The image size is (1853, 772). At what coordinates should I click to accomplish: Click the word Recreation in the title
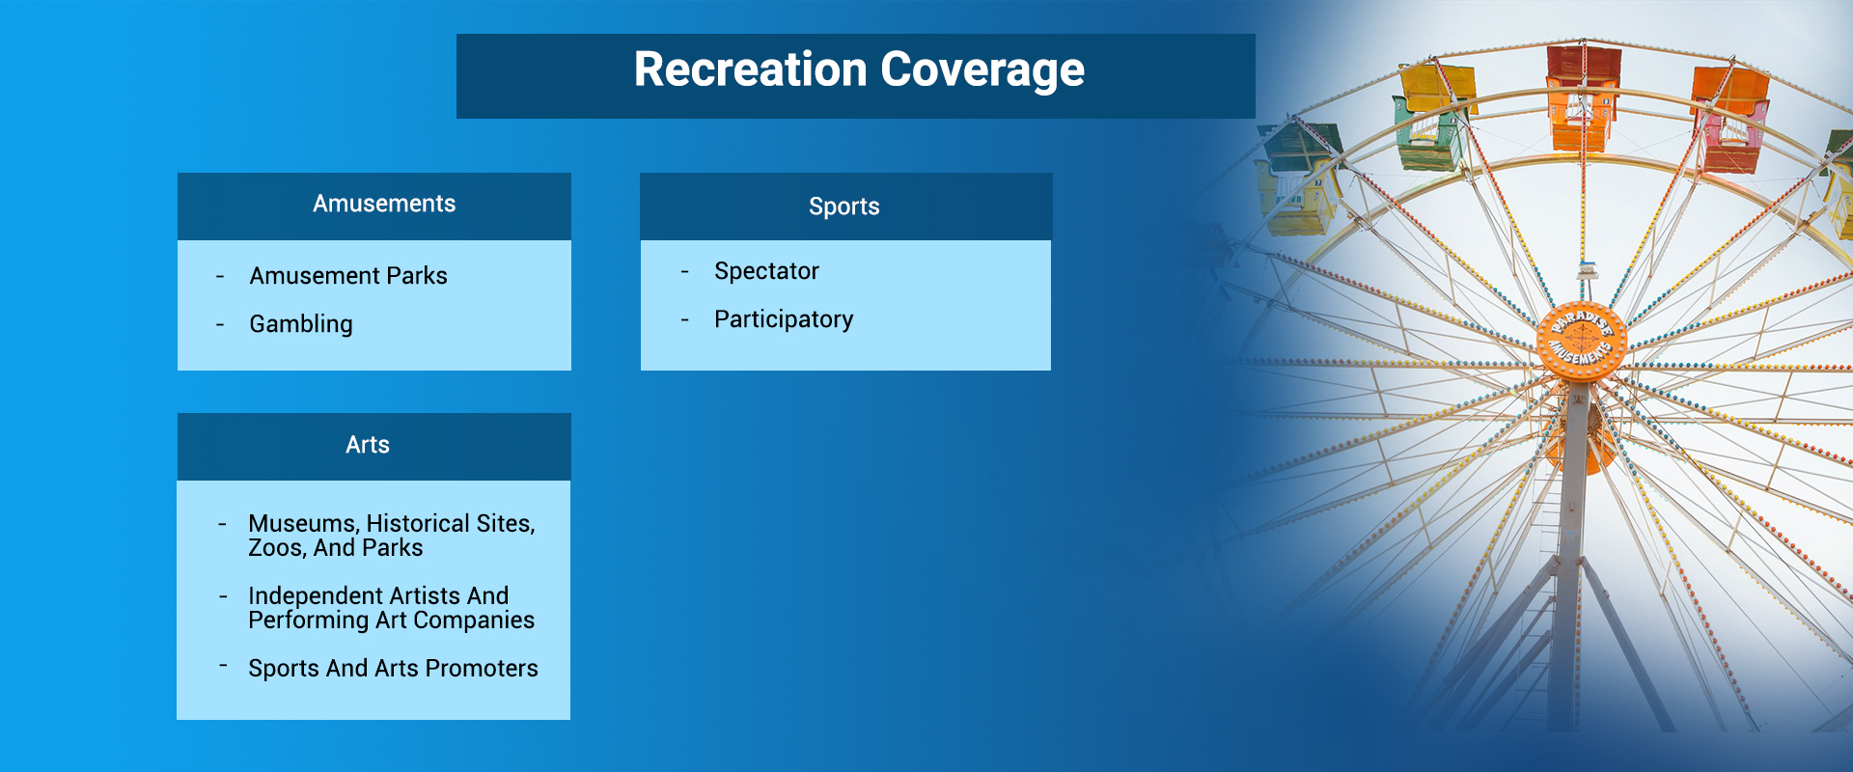[750, 70]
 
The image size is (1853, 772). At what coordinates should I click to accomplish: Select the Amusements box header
[383, 205]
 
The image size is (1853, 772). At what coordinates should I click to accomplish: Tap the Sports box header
[844, 207]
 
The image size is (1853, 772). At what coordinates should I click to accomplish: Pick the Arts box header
[368, 445]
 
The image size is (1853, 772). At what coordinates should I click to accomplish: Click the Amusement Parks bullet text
[348, 276]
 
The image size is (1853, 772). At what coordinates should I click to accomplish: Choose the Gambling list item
[301, 324]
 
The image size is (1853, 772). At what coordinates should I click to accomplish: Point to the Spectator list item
[766, 271]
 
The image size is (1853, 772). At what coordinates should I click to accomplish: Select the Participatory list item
[784, 319]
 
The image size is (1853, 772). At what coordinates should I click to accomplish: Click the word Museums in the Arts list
[302, 523]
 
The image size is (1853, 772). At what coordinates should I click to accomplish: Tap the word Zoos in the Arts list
[275, 548]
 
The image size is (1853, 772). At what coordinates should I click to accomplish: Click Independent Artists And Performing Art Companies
[390, 608]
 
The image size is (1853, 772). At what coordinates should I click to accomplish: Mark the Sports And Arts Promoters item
[393, 669]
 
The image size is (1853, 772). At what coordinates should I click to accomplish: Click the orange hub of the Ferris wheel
[1581, 340]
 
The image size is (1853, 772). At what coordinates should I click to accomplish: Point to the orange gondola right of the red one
[1730, 116]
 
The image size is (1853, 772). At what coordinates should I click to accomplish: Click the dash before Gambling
[220, 325]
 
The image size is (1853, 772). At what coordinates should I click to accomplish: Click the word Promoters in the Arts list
[482, 669]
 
